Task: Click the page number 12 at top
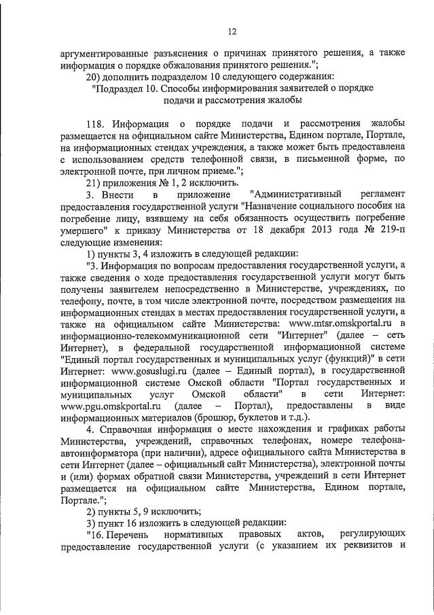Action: (231, 31)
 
